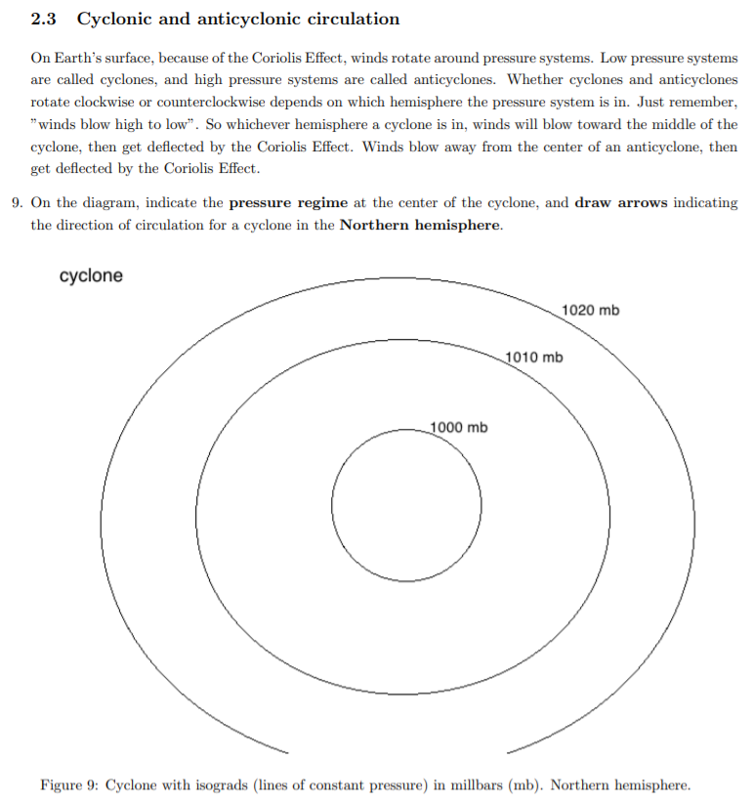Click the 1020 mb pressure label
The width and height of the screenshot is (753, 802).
pos(591,310)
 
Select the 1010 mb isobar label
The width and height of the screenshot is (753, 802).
pos(535,357)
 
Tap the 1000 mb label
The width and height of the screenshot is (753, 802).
pos(460,427)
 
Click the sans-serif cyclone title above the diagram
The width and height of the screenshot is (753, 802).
pos(91,275)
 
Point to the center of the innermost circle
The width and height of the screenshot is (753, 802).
pos(406,505)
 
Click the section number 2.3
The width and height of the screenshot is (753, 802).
pos(45,20)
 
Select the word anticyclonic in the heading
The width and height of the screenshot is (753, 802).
pos(244,20)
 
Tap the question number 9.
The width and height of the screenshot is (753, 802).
pos(18,203)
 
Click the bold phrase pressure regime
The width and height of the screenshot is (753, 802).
pos(288,203)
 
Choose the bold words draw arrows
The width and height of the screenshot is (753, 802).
pos(619,203)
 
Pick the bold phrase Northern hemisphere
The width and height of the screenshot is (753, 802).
pos(420,225)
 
